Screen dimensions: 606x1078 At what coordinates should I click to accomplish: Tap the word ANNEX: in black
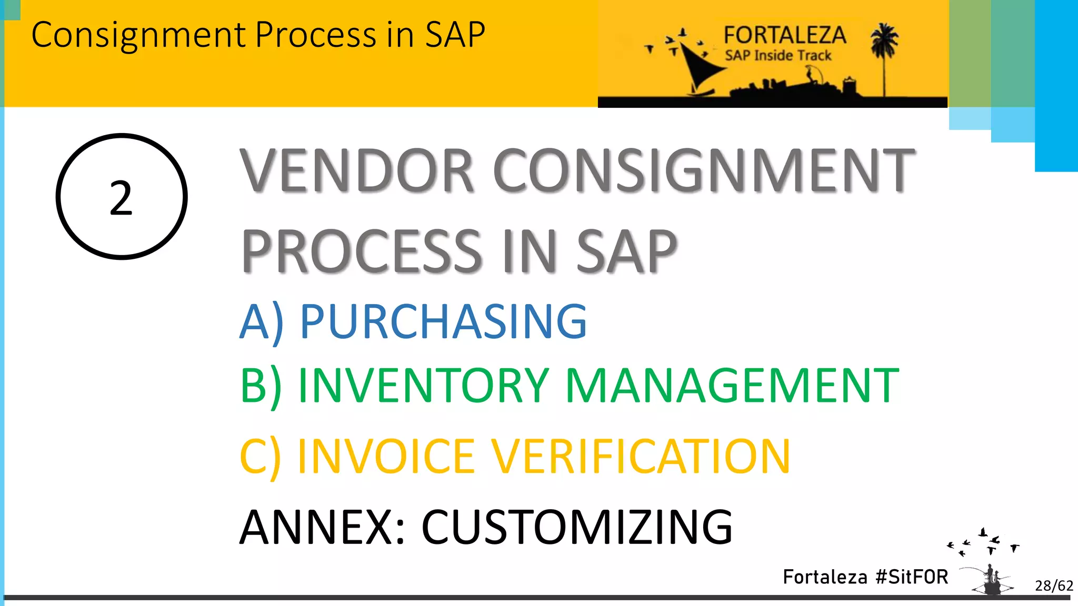[323, 527]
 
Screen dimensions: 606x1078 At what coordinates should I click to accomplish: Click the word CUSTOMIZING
[577, 527]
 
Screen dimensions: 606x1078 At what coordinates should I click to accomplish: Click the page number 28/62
[1053, 585]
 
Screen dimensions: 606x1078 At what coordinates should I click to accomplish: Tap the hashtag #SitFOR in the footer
[912, 577]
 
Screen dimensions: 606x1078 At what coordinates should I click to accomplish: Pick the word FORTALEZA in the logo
[784, 36]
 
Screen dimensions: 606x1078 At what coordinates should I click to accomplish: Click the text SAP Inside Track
[778, 55]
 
